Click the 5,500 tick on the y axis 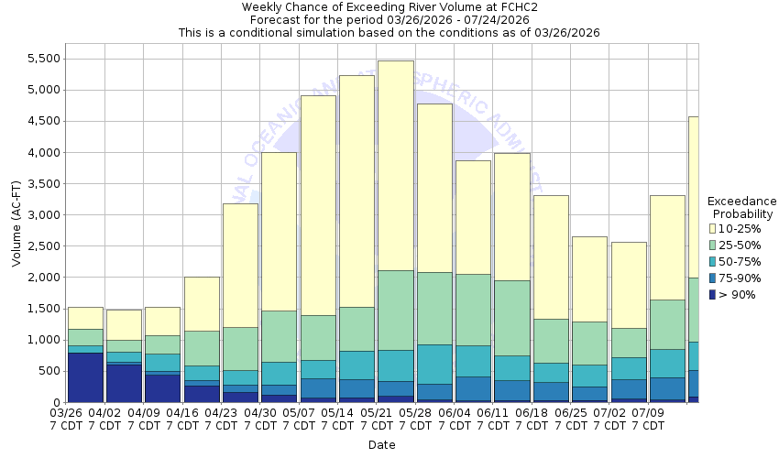pos(43,59)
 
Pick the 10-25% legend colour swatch pos(713,229)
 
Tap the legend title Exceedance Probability pos(742,207)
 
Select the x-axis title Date pos(381,445)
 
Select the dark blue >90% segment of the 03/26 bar pos(85,376)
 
